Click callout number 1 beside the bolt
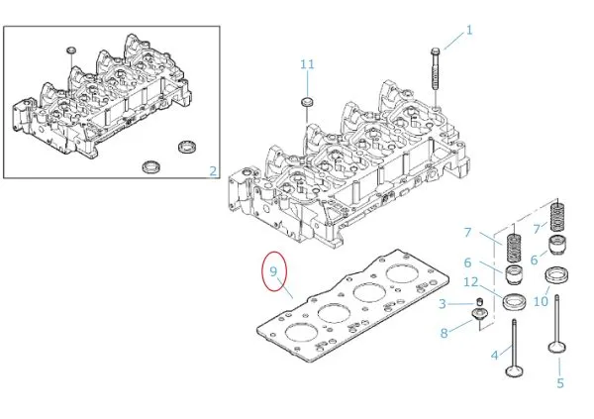469,30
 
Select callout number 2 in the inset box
213,171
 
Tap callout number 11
307,64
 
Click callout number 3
443,303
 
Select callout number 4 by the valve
494,353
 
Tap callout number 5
559,382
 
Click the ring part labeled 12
515,300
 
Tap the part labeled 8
479,317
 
